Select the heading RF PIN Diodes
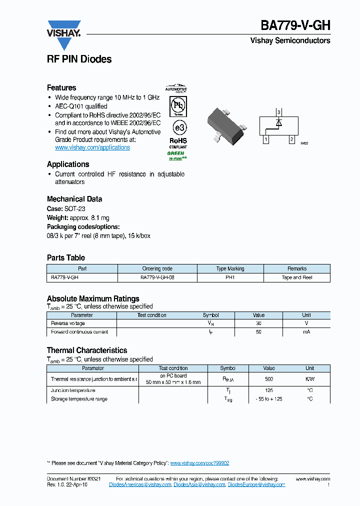79,59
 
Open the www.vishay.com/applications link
92,147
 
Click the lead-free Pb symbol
177,105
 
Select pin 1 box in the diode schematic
266,139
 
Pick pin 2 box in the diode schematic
291,139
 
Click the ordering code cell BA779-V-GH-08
157,277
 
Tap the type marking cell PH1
230,277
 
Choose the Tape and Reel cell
297,277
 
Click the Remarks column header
297,268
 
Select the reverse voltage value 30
258,323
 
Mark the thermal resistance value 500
269,379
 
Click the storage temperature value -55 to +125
269,399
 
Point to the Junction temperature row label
73,390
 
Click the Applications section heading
68,164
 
